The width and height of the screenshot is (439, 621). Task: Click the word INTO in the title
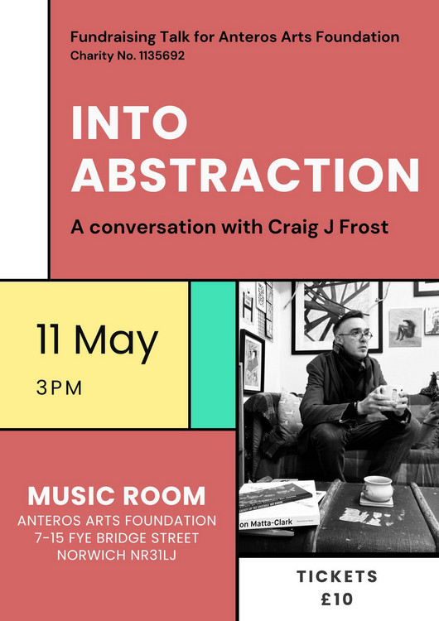click(x=129, y=123)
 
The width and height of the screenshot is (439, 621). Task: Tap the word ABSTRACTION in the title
click(x=245, y=175)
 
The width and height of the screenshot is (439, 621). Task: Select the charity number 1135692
click(x=162, y=55)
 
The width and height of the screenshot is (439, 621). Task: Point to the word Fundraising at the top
click(x=113, y=37)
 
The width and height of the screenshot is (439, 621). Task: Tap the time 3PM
click(x=59, y=388)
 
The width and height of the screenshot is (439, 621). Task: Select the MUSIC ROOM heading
click(x=117, y=496)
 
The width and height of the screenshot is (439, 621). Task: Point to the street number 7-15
click(x=50, y=538)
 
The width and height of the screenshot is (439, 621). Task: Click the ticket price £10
click(x=337, y=599)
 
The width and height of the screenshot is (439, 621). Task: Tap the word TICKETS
click(x=337, y=576)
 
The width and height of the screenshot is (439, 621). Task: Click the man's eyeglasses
click(x=356, y=335)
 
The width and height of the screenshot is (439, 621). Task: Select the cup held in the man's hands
click(x=389, y=392)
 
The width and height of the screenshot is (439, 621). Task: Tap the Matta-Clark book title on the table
click(x=266, y=523)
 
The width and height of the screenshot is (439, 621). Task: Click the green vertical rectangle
click(x=213, y=355)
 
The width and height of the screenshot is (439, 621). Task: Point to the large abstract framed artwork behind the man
click(x=337, y=317)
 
